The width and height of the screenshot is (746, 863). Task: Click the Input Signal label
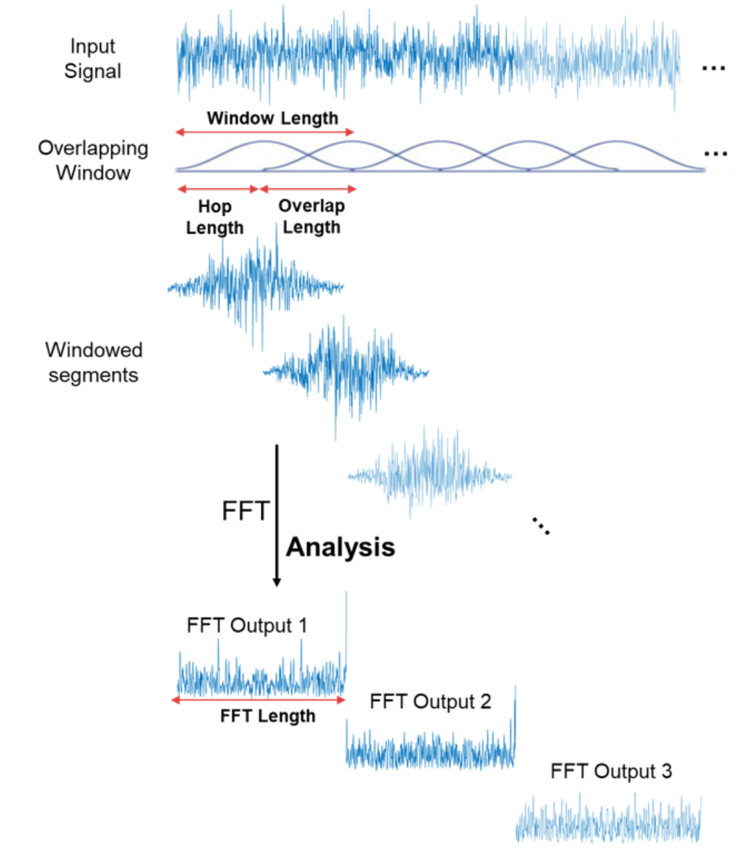[92, 59]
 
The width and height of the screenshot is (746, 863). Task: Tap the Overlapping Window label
[93, 161]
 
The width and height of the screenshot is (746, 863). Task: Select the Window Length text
[272, 118]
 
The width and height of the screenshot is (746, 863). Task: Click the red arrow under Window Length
[265, 132]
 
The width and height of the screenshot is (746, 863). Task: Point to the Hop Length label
[215, 217]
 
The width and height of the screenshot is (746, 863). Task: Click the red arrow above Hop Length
[218, 189]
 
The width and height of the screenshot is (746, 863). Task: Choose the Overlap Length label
[311, 217]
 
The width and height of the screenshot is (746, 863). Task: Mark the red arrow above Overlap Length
[308, 189]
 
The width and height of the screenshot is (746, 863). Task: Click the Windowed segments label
[94, 363]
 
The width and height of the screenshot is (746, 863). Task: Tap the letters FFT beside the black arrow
[244, 511]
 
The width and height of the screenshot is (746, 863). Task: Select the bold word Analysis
[340, 548]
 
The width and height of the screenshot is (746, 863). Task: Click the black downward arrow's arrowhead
[276, 582]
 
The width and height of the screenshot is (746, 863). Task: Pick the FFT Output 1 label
[247, 625]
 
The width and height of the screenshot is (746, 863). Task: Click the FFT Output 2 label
[430, 702]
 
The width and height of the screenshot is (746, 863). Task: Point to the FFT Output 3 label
[611, 771]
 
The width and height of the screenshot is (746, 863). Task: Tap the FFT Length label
[267, 716]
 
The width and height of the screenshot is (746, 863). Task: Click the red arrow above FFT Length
[258, 700]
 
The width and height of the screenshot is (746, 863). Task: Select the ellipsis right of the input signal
[713, 68]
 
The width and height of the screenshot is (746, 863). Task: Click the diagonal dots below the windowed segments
[541, 526]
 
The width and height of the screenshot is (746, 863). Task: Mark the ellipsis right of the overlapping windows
[715, 154]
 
